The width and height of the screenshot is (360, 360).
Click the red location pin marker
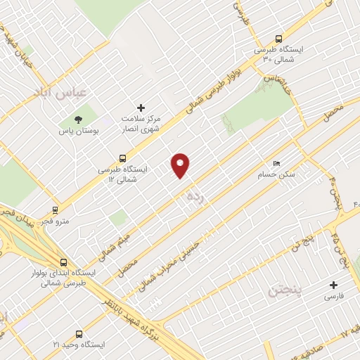(181, 165)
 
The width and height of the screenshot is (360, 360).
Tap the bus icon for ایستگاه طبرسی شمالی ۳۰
(279, 39)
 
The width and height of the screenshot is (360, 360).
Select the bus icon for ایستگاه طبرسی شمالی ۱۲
(123, 159)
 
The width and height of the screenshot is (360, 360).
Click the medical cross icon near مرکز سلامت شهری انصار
(141, 108)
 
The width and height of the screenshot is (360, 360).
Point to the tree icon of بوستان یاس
(78, 120)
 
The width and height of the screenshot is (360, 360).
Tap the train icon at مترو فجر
(56, 209)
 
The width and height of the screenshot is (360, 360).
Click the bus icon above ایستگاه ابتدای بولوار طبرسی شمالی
(63, 262)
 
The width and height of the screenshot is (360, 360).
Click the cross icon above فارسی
(334, 285)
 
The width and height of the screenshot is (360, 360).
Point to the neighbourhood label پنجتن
(284, 289)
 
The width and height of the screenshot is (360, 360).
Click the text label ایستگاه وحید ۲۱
(78, 345)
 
